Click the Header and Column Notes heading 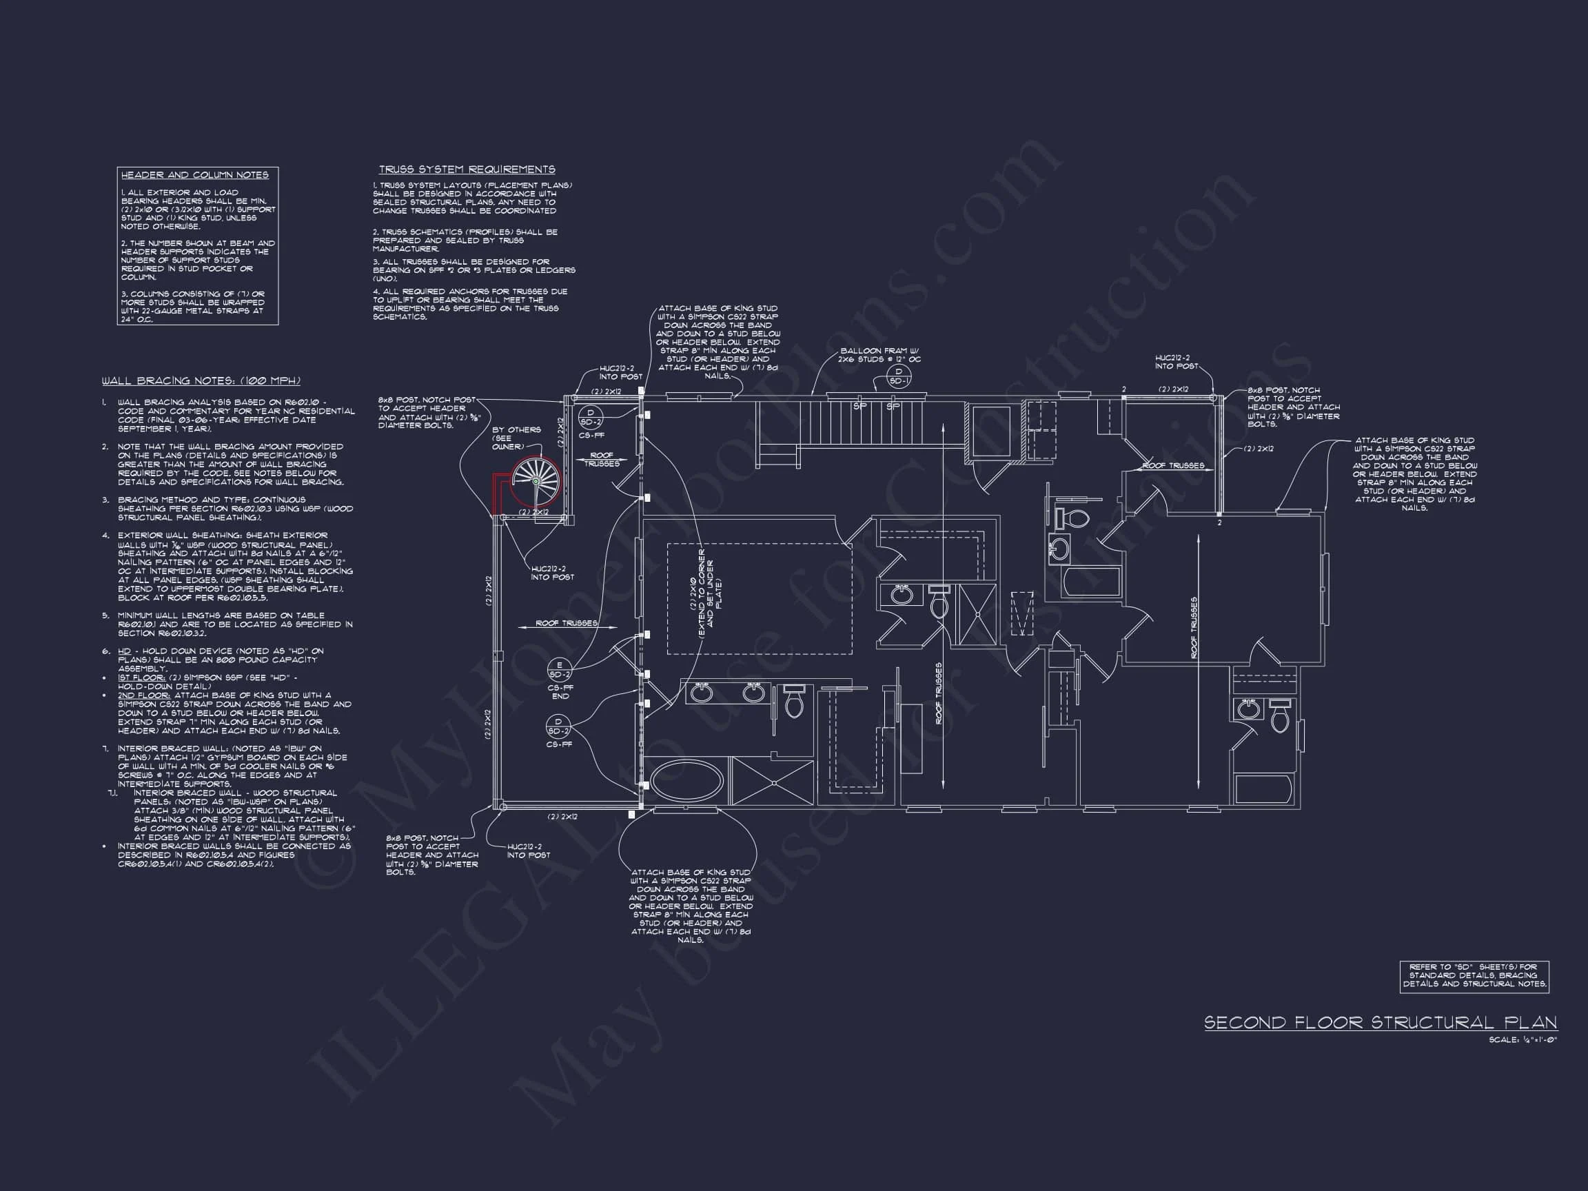point(194,175)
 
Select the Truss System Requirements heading point(467,170)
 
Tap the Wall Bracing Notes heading point(201,381)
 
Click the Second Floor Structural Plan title point(1380,1022)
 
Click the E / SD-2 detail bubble point(560,669)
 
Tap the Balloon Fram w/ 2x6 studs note point(880,356)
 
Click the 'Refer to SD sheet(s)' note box point(1473,977)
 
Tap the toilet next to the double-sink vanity point(793,702)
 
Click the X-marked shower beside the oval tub point(771,780)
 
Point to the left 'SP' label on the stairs point(859,407)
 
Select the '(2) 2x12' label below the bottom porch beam point(562,817)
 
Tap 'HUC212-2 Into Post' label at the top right point(1172,362)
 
